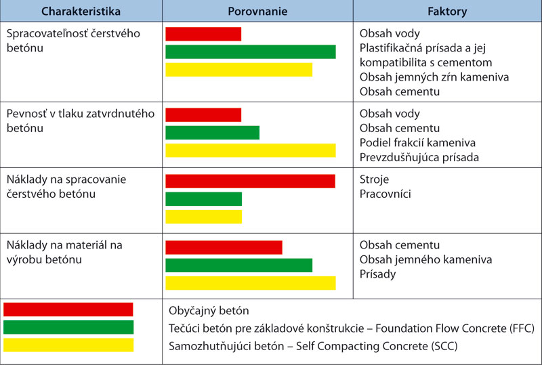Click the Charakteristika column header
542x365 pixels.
81,12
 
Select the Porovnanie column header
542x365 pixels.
257,12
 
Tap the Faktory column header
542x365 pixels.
447,12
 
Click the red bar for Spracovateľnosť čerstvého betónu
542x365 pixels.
203,34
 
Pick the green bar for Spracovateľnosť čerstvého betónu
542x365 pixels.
250,51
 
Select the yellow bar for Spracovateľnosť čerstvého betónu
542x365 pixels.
238,69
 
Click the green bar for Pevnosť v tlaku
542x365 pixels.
212,132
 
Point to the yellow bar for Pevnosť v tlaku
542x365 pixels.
250,150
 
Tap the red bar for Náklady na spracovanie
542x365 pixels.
250,181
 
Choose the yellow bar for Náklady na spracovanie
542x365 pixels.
203,216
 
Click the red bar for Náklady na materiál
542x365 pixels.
224,247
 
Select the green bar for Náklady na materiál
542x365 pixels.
238,265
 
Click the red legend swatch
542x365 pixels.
68,309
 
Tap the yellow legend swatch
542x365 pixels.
68,345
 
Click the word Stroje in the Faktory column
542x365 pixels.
375,179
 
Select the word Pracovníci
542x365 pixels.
385,194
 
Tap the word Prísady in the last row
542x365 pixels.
378,274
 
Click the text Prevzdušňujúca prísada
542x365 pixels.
419,157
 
